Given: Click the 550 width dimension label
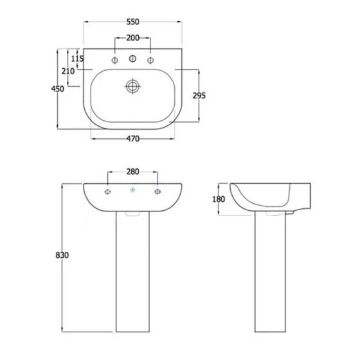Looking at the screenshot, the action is (x=133, y=22).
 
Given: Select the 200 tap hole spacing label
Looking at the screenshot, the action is (x=133, y=38).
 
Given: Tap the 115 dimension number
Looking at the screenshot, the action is (x=77, y=59).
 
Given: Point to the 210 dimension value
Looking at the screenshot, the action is (x=68, y=71).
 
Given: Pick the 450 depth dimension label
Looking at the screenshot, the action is (x=57, y=89).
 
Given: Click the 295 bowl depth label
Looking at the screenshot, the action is (x=199, y=96).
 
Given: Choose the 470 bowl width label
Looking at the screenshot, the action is (x=133, y=139).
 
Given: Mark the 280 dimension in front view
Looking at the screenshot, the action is (x=133, y=172).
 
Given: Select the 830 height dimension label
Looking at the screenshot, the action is (x=62, y=255).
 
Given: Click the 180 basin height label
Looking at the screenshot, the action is (x=219, y=199).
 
